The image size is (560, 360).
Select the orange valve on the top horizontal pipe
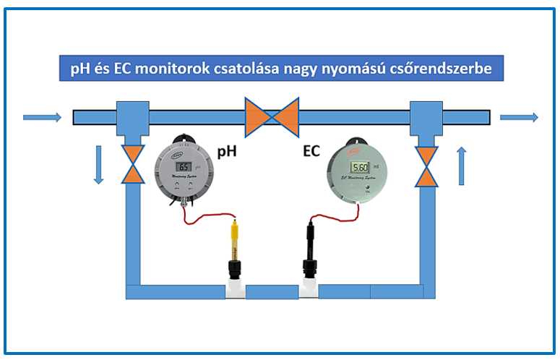coord(272,117)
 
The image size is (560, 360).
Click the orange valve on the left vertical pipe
coord(132,165)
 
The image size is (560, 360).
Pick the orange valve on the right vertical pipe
coord(427,165)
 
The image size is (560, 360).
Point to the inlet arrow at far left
coord(42,117)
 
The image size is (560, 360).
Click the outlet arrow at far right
coord(519,117)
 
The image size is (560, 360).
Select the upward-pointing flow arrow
coord(462,165)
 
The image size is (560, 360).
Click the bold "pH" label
coord(228,153)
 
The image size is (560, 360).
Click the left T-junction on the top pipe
coord(132,117)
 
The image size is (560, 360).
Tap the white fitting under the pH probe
coord(235,291)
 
